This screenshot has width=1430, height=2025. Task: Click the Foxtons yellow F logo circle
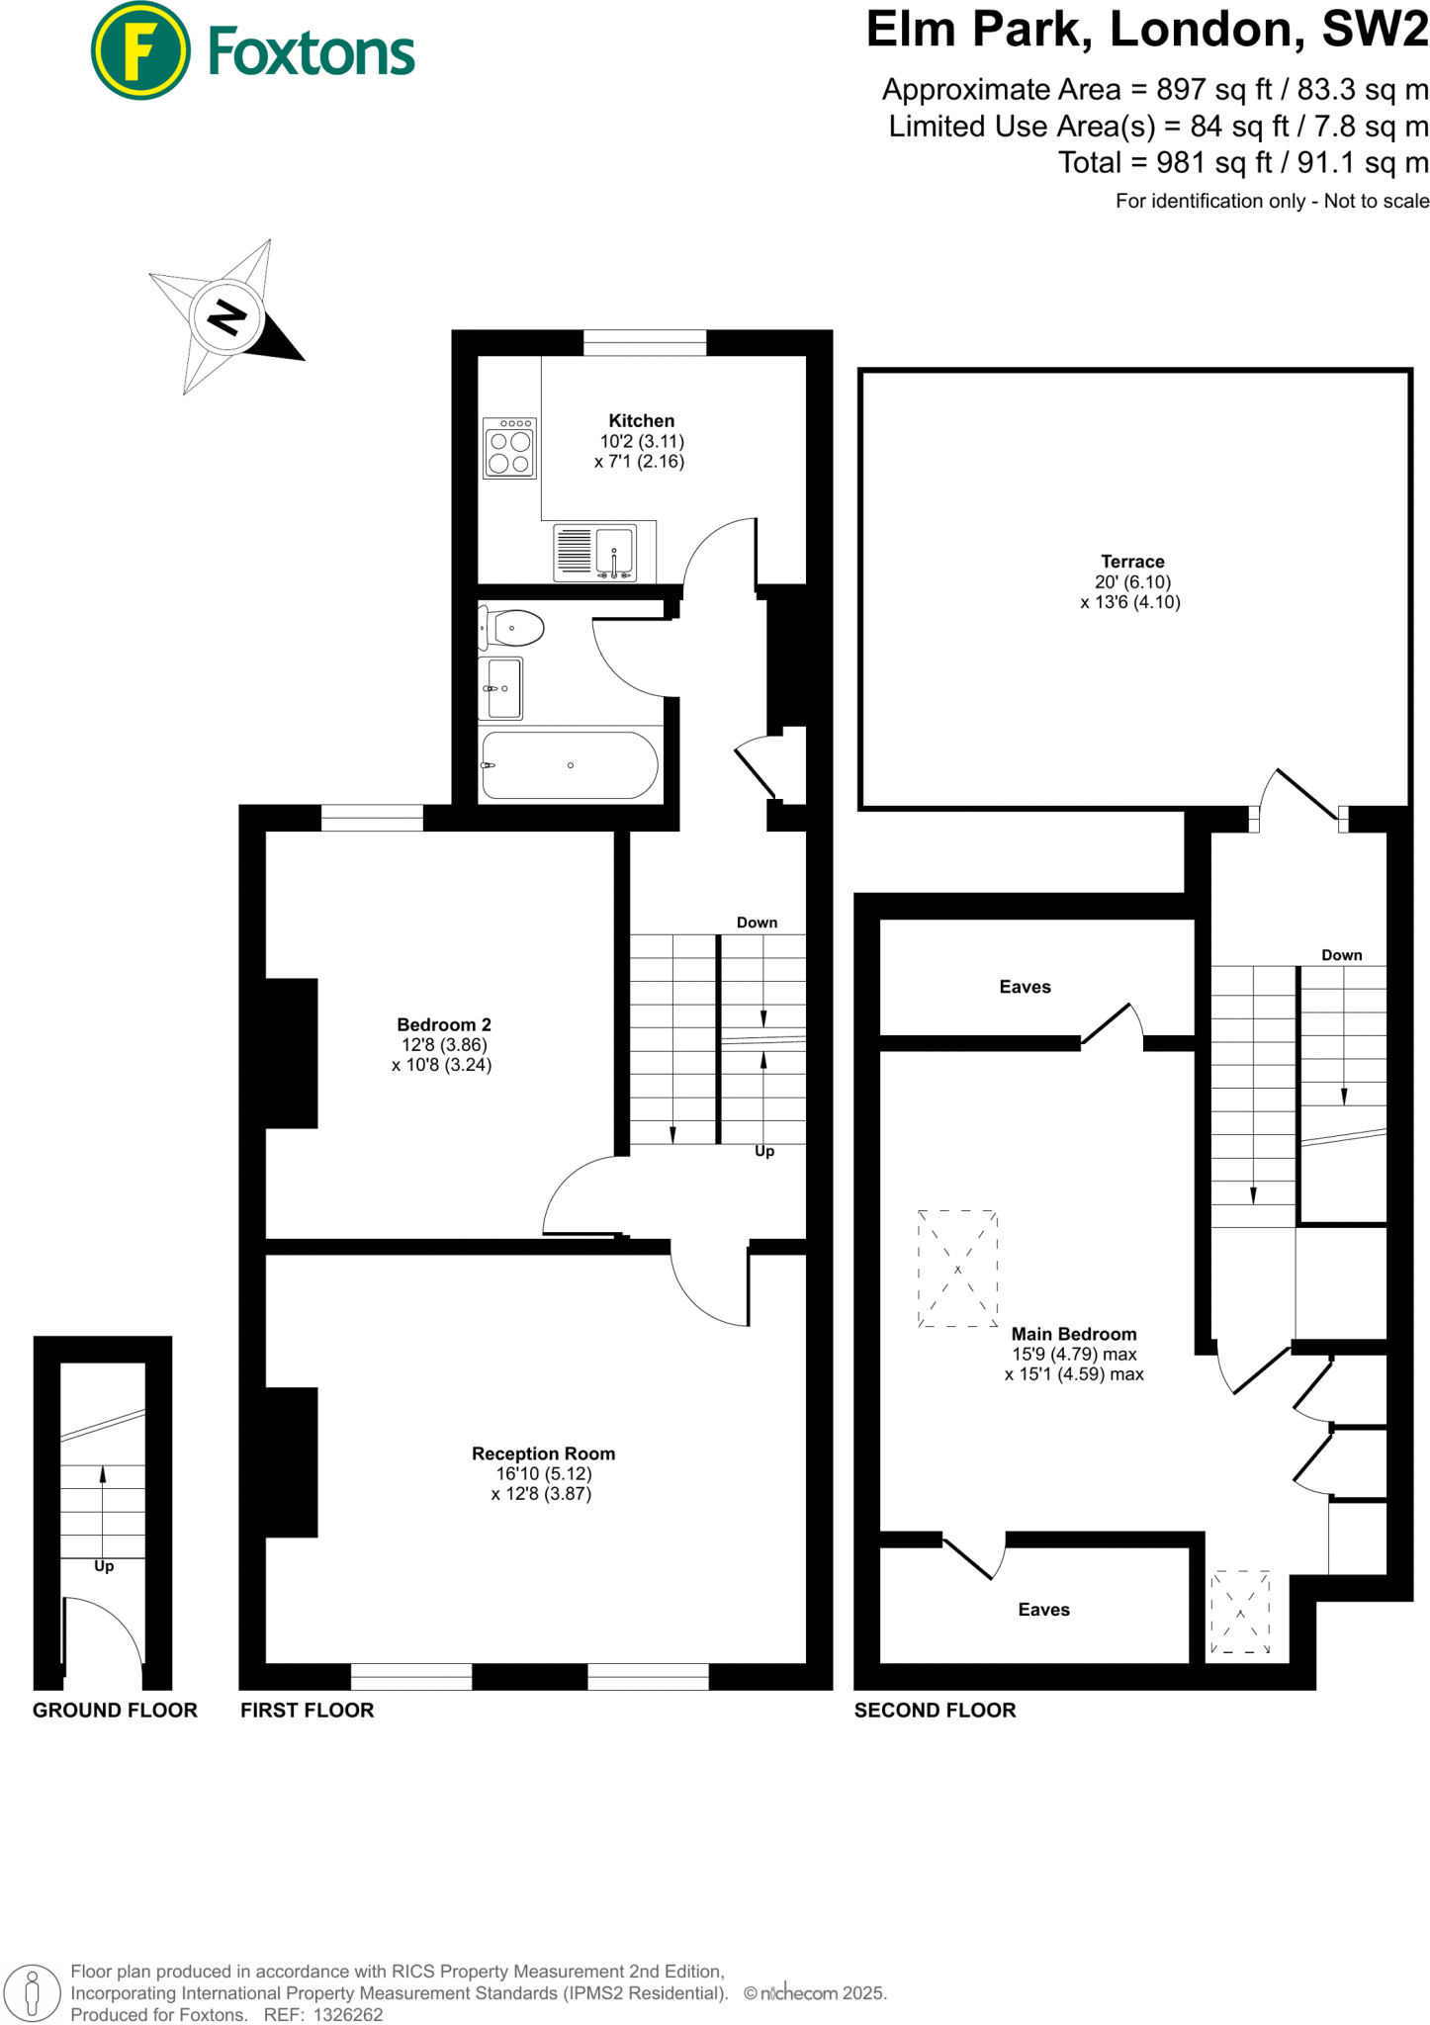click(x=139, y=50)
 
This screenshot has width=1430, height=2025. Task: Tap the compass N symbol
click(x=227, y=317)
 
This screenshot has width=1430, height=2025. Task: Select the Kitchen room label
click(x=641, y=420)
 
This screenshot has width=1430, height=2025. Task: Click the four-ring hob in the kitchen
click(x=509, y=449)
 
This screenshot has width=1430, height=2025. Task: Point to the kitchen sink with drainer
click(x=594, y=552)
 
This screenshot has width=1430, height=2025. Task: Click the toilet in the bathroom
click(x=514, y=628)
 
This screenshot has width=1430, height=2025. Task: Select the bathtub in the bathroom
click(x=570, y=764)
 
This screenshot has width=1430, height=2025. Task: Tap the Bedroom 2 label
click(x=444, y=1024)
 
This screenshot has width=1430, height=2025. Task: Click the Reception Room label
click(x=543, y=1453)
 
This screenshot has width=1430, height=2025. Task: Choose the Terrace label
click(x=1132, y=561)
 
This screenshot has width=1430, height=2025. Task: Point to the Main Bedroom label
click(x=1074, y=1334)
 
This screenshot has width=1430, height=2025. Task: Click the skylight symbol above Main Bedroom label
click(x=957, y=1269)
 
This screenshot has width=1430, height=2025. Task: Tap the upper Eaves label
click(x=1025, y=987)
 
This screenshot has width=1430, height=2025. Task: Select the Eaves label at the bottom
click(x=1043, y=1610)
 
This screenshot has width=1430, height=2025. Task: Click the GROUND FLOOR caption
click(x=115, y=1711)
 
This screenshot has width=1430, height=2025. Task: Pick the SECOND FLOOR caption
click(x=935, y=1711)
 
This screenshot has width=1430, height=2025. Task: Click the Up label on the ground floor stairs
click(x=104, y=1566)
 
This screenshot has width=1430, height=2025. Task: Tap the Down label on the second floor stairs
click(x=1341, y=955)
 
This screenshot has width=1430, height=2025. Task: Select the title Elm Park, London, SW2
click(x=1147, y=30)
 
